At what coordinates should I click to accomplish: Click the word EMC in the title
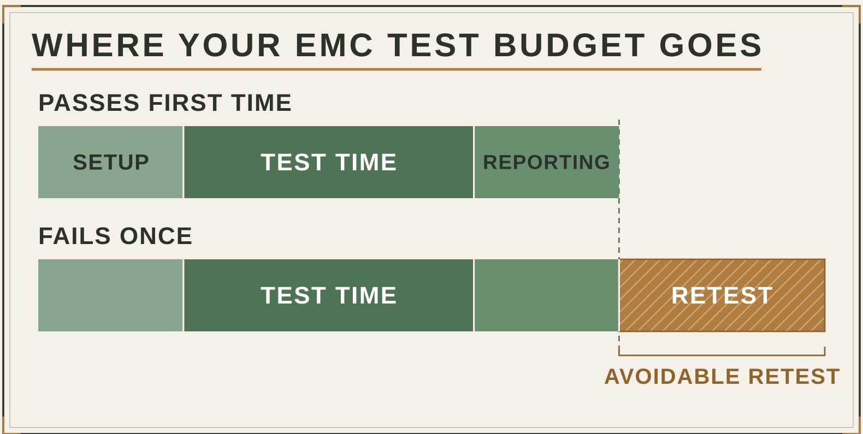pos(334,45)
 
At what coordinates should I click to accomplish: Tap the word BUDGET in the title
pos(569,45)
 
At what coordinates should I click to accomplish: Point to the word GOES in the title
pos(711,45)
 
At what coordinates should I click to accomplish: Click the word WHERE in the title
pos(98,45)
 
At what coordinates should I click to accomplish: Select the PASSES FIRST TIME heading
pos(165,103)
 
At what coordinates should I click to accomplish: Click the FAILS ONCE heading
pos(115,236)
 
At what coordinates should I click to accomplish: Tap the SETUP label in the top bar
pos(110,162)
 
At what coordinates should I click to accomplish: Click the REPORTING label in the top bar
pos(546,162)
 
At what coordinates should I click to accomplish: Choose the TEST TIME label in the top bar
pos(328,162)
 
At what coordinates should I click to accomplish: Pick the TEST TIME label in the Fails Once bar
pos(328,295)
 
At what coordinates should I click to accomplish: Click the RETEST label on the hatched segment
pos(722,295)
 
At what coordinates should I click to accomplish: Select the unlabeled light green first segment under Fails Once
pos(110,295)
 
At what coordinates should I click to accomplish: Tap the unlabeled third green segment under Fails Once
pos(546,295)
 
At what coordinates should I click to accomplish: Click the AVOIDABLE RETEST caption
pos(722,376)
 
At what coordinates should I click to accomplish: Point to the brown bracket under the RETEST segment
pos(722,355)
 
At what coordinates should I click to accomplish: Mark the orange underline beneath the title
pos(397,69)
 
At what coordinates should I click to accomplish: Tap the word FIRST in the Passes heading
pos(185,103)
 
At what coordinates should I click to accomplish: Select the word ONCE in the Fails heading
pos(156,236)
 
